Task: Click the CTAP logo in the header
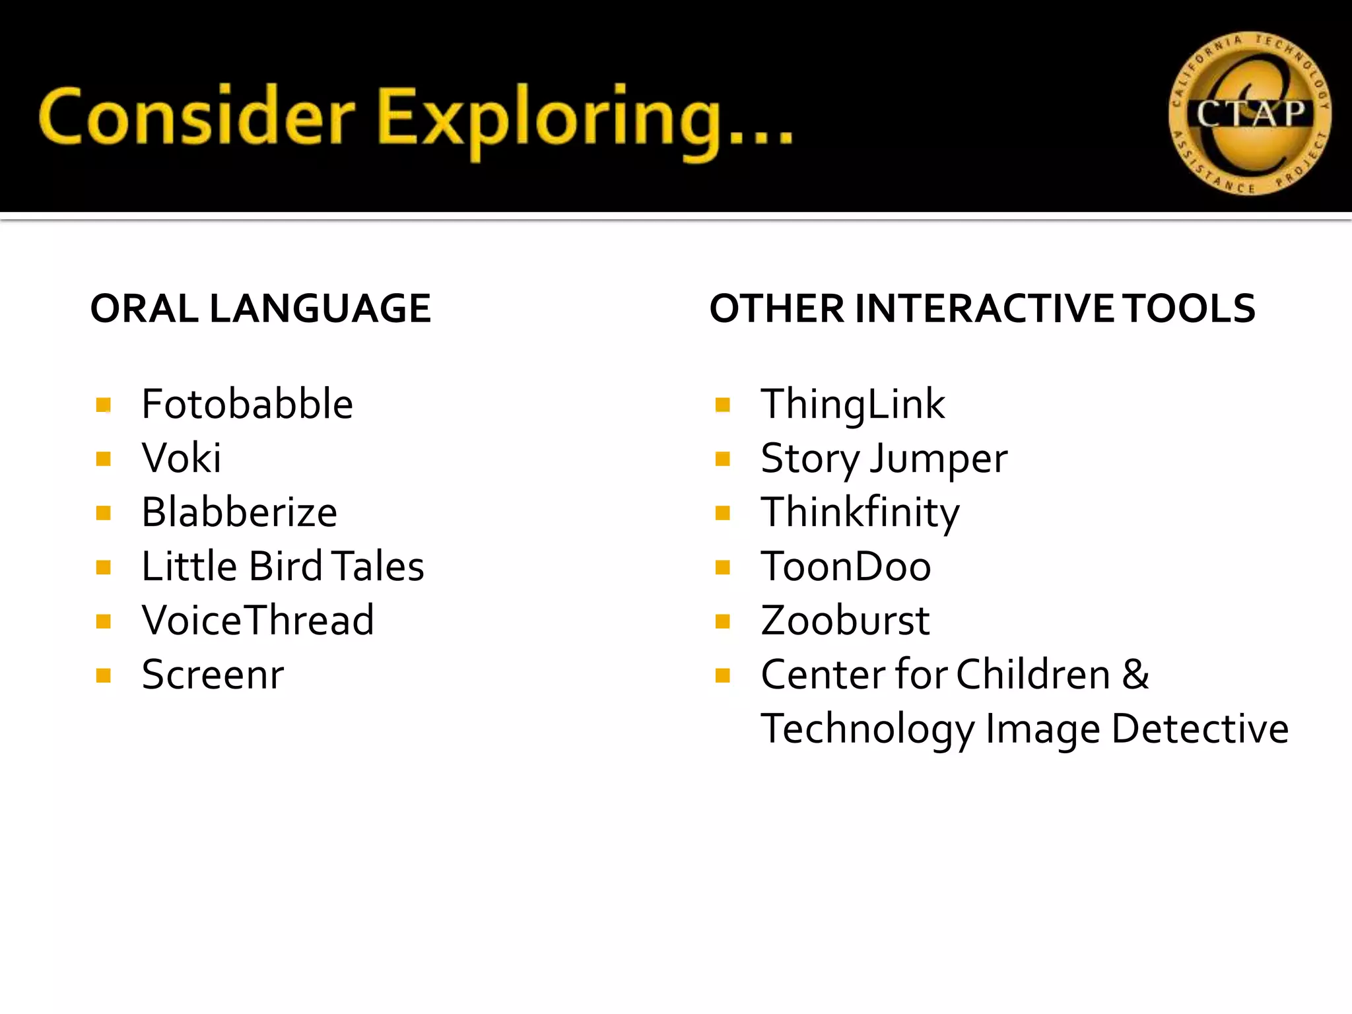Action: point(1250,114)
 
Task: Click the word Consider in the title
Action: point(197,118)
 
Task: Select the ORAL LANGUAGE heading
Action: point(260,308)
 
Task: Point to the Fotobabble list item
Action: point(248,404)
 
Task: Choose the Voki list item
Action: point(182,458)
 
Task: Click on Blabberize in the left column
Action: point(240,512)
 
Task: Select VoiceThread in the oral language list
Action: point(258,621)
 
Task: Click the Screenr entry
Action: point(213,675)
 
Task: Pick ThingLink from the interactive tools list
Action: point(852,404)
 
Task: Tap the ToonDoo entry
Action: point(846,566)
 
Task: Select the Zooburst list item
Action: point(845,621)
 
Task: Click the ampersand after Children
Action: point(1135,675)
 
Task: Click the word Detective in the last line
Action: point(1200,729)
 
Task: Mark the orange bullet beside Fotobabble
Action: point(103,405)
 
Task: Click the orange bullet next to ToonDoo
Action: point(723,567)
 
